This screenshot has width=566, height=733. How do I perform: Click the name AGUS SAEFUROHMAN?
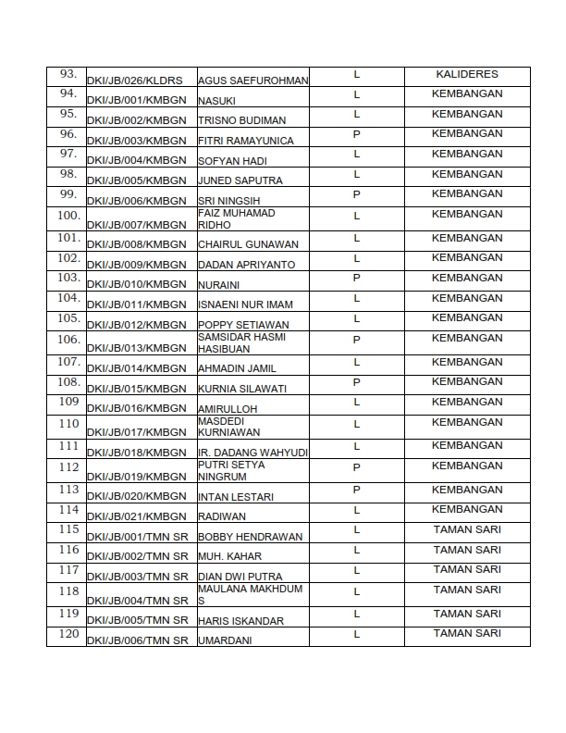coord(253,81)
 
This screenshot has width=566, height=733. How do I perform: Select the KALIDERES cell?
coord(467,74)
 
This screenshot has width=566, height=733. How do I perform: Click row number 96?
coord(68,133)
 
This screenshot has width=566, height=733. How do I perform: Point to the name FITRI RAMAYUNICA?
coord(246,141)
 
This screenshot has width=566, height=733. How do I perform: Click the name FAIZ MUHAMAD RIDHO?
coord(237,219)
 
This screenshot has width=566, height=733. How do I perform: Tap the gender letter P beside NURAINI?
coord(356,278)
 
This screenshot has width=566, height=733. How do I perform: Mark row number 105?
coord(68,317)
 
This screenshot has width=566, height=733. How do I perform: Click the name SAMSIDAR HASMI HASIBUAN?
coord(242,342)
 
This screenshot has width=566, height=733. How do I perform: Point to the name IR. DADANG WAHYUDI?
coord(252,453)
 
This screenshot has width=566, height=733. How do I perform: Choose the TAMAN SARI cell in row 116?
coord(467,550)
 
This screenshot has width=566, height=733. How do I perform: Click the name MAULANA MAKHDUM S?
coord(238,594)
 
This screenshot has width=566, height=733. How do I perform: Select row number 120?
coord(68,633)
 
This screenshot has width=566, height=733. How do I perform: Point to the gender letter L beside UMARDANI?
coord(356,634)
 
